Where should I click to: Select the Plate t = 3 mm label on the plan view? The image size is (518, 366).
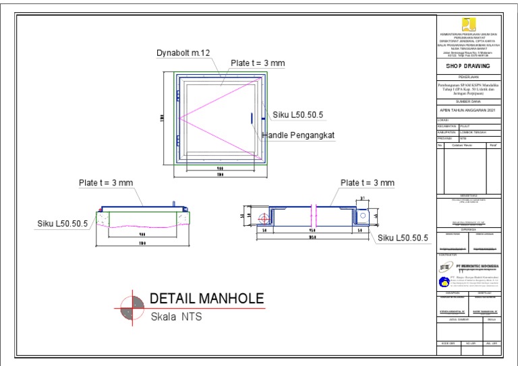tap(258, 63)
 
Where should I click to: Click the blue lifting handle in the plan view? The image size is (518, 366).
tap(252, 117)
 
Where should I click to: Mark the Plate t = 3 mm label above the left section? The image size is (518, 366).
tap(107, 183)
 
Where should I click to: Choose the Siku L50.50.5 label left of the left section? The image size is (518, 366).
tap(63, 224)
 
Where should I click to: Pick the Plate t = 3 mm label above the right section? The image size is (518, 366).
tap(368, 183)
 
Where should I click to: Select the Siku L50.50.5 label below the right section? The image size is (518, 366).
tap(404, 238)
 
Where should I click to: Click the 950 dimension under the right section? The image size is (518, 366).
tap(312, 230)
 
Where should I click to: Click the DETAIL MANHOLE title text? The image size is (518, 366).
tap(206, 299)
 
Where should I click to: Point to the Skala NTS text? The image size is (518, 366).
tap(176, 316)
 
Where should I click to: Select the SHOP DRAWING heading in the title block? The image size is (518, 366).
tap(467, 67)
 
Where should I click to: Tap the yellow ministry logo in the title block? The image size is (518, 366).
tap(467, 24)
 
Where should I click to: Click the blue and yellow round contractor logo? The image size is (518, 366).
tap(443, 282)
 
